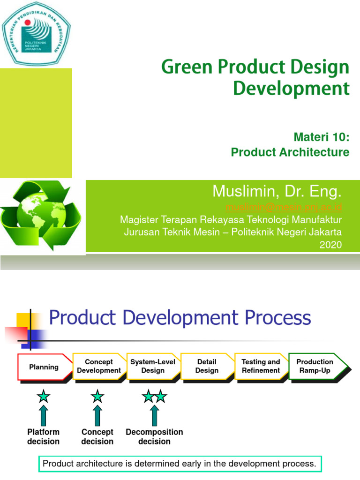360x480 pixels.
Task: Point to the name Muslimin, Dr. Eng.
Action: [277, 191]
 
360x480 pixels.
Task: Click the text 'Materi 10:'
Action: [322, 137]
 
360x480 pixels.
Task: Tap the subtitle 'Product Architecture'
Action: [290, 152]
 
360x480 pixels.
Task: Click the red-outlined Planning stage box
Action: [44, 367]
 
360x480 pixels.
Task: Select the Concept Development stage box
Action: [99, 366]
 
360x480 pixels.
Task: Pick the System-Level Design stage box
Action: [153, 366]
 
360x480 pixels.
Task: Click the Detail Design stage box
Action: [207, 366]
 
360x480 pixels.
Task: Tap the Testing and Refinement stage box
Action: [261, 366]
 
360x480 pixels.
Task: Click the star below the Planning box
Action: [44, 397]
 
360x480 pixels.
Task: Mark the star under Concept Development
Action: [97, 397]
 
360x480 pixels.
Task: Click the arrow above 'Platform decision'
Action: [44, 415]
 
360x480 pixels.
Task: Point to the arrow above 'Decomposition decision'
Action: [154, 415]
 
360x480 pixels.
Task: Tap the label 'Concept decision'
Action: [97, 436]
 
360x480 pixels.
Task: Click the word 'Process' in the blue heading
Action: [279, 318]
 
